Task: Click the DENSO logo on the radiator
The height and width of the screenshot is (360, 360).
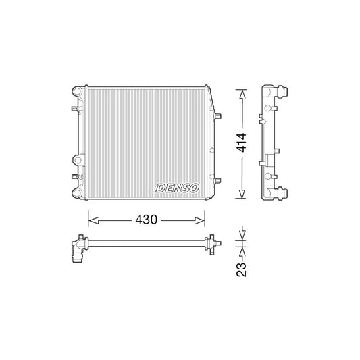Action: coord(176,188)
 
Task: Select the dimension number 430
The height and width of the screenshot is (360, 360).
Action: coord(147,220)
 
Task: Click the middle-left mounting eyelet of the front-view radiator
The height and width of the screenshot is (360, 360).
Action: coord(77,160)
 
